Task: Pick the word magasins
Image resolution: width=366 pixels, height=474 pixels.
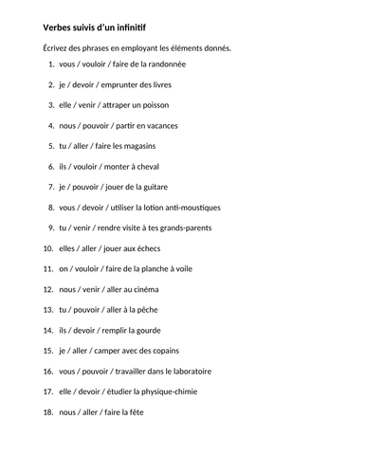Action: (x=137, y=146)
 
